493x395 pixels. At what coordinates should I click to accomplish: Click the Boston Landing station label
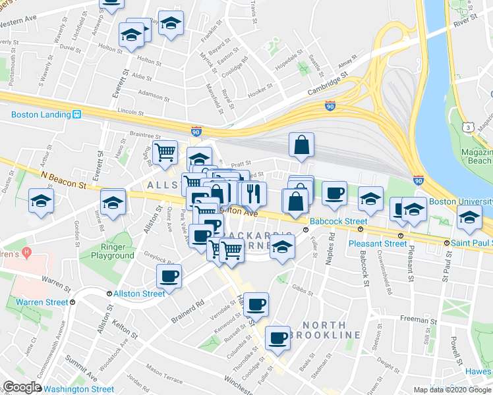41,114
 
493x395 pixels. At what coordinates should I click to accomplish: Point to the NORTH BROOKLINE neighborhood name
331,330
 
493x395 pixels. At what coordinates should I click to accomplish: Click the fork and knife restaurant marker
253,194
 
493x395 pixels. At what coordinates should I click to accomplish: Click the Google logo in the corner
22,387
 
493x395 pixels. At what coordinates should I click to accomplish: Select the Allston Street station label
139,294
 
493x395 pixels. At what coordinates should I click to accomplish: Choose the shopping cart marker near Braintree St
165,153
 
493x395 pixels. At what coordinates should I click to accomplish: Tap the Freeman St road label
414,319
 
